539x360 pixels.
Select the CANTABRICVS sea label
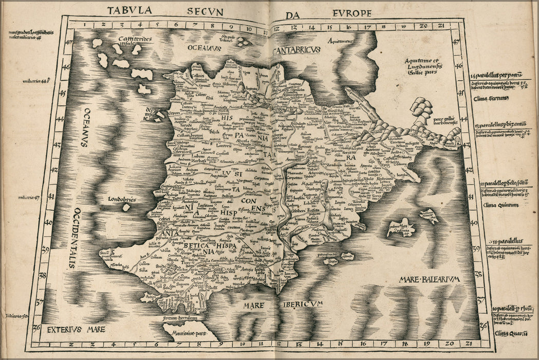coord(296,50)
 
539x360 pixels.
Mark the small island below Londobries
coord(126,207)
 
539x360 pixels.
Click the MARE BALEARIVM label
coord(429,279)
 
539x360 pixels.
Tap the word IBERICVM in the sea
coord(302,304)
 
